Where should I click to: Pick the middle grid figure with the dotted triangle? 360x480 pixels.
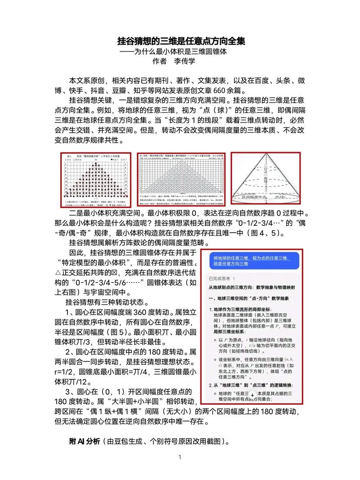[x=181, y=179]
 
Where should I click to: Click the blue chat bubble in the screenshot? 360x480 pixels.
[x=251, y=260]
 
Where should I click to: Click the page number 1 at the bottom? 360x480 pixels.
[x=180, y=458]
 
